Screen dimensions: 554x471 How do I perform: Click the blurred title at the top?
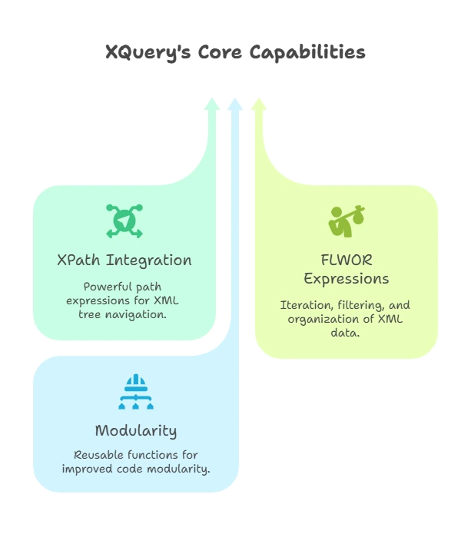coord(236,53)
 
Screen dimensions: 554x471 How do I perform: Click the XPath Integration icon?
coord(124,221)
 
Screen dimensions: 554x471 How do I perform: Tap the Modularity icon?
coord(135,393)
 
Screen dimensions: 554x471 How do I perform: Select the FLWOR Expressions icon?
coord(346,221)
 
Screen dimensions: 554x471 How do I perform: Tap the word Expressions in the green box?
coord(346,278)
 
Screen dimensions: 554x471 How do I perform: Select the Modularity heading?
coord(135,430)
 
